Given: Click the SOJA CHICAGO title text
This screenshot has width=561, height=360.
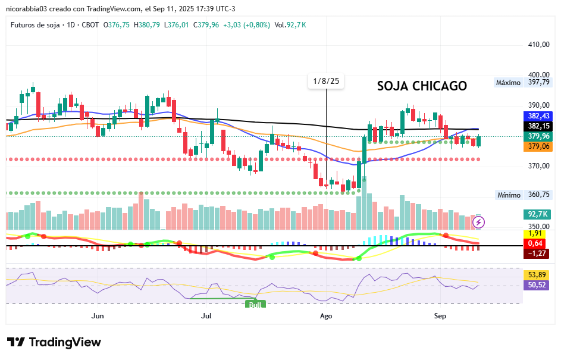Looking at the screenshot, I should tap(422, 86).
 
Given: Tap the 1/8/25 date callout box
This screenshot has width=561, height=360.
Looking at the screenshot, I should tap(327, 82).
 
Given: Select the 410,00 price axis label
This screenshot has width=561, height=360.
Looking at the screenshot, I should tap(538, 45).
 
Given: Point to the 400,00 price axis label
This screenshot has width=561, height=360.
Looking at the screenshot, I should tap(538, 75).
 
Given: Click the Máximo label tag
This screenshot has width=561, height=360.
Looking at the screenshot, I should tap(509, 83).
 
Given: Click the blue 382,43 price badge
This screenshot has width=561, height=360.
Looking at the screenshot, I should tap(538, 116).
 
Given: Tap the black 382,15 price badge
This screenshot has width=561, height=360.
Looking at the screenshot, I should tap(538, 126).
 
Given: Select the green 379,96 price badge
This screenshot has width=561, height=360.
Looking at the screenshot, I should tap(538, 136).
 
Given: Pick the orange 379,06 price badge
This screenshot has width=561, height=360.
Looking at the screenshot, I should tap(538, 146).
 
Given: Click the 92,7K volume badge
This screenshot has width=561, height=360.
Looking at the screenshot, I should tap(538, 214).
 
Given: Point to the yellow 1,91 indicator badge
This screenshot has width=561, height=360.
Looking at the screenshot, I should tap(535, 234).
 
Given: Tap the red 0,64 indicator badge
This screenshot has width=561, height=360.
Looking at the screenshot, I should tap(535, 243).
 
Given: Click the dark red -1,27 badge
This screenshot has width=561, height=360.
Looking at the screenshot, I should tap(535, 253).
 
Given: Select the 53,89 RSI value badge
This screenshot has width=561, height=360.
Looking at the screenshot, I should tap(538, 275).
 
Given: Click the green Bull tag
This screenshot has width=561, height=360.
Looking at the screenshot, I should tap(255, 305).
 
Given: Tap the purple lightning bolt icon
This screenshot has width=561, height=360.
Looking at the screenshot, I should tap(479, 223).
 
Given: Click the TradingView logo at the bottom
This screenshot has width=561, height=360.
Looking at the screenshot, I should tap(54, 343).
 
